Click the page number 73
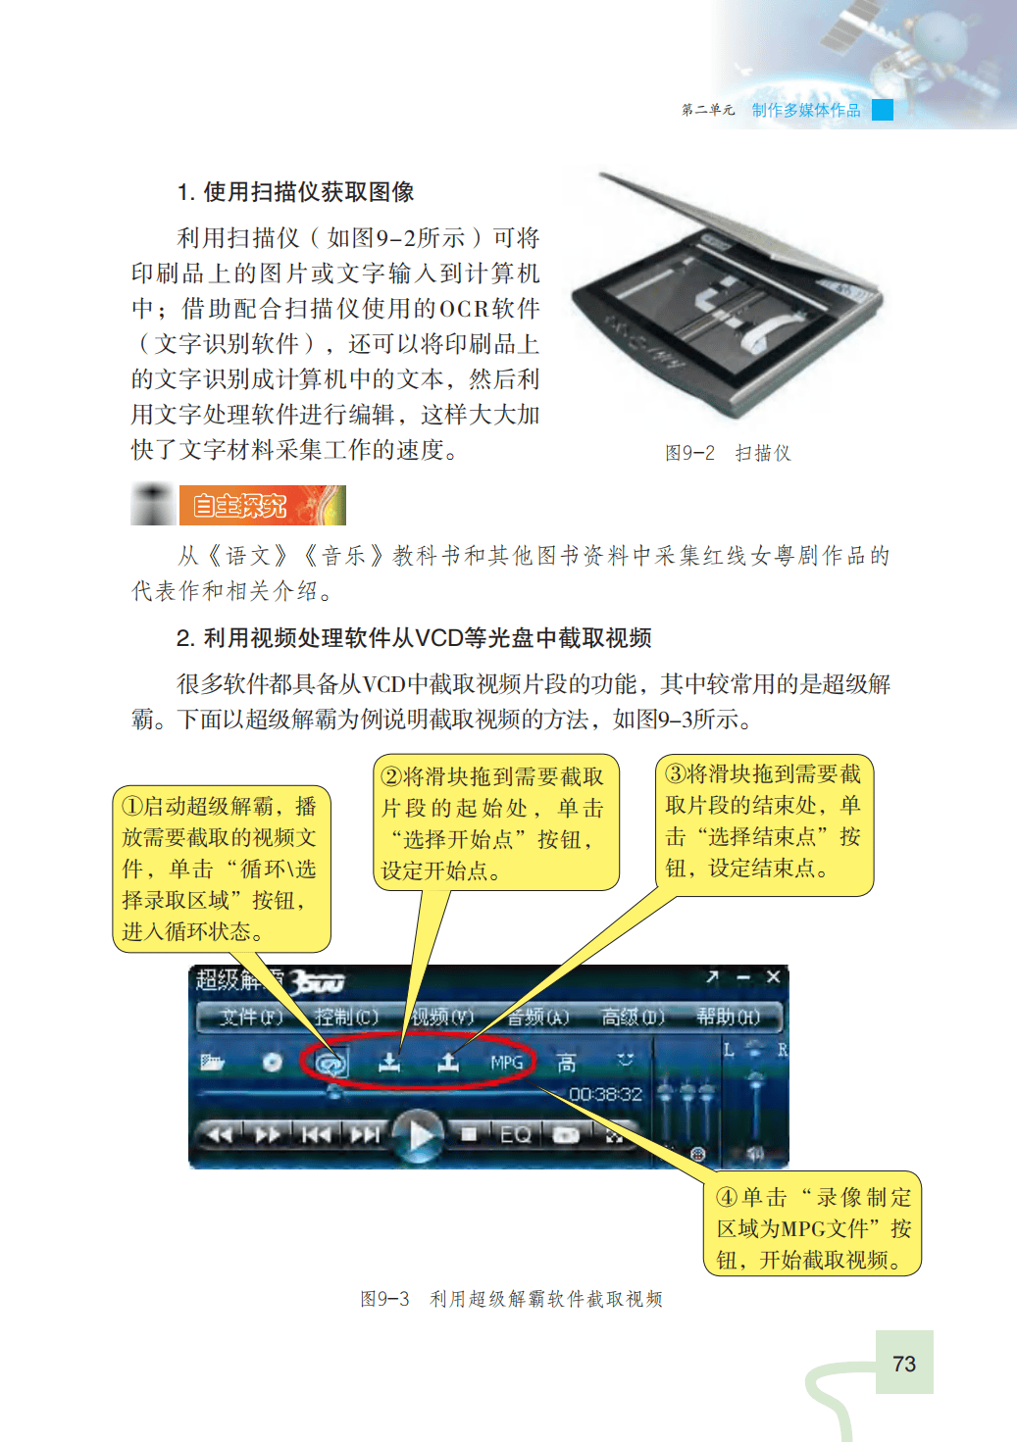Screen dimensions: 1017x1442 tap(903, 1364)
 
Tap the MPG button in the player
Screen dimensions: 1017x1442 tap(506, 1062)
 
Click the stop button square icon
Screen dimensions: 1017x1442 tap(469, 1133)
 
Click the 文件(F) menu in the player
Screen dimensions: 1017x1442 tap(250, 1017)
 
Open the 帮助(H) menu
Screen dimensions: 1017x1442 tap(728, 1017)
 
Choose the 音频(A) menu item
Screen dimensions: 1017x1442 tap(537, 1017)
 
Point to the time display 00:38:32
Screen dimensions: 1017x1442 tap(605, 1094)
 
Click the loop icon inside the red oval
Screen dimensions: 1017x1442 tap(332, 1063)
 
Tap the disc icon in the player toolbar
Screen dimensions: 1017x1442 tap(273, 1062)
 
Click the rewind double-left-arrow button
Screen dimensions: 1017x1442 tap(219, 1134)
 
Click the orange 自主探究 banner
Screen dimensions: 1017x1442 tap(262, 506)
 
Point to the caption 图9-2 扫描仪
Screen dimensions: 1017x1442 tap(728, 453)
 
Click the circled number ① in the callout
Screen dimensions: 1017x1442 tap(132, 806)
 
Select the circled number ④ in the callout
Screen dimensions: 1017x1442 tap(727, 1197)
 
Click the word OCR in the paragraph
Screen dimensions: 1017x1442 tap(464, 309)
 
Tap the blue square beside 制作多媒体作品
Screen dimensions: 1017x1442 tap(883, 110)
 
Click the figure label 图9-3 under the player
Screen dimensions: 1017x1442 tap(384, 1299)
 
